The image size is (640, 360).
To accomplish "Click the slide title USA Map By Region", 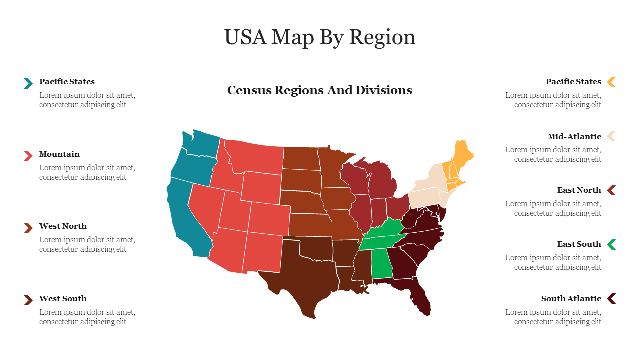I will (320, 37).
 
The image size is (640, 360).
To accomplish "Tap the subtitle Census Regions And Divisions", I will (320, 90).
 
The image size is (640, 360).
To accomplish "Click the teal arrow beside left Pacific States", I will (28, 83).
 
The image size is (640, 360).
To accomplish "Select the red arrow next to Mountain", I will (28, 155).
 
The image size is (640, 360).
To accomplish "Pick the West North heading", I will (63, 226).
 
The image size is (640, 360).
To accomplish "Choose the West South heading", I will (63, 299).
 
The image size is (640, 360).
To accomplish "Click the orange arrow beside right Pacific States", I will (611, 82).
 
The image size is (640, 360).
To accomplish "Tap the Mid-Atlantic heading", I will (574, 137).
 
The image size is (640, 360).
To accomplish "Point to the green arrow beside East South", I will (611, 244).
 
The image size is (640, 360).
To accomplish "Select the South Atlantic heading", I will (571, 299).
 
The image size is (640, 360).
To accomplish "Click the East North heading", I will (579, 190).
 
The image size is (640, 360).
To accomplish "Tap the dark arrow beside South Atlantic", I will (611, 299).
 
